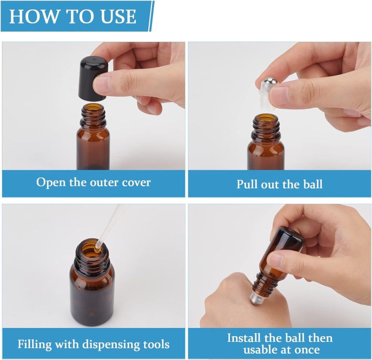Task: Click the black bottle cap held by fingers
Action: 93,79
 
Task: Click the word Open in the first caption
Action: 51,183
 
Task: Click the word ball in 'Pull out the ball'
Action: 313,184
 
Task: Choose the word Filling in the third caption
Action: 35,344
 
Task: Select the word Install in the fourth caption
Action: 244,337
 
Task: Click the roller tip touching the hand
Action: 254,298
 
